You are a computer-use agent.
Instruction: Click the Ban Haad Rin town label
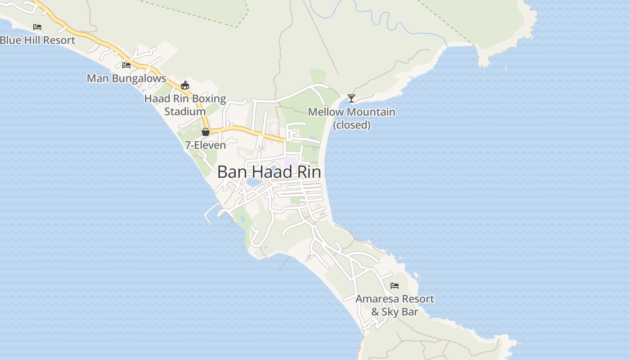(269, 172)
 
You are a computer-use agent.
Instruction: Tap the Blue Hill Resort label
(37, 40)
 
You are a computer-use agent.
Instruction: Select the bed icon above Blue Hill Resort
(37, 27)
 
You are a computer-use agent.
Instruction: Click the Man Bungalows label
(126, 78)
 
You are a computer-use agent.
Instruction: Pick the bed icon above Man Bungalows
(126, 65)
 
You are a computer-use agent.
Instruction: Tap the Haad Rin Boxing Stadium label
(185, 104)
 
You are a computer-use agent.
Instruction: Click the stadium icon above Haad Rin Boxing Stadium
(184, 85)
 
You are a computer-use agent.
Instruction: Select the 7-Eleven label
(205, 145)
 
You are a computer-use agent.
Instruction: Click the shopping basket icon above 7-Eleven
(206, 132)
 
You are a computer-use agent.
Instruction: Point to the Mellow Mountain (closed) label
(351, 118)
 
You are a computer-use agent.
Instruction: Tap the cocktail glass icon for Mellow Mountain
(351, 98)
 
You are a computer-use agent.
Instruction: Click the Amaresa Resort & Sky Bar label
(395, 305)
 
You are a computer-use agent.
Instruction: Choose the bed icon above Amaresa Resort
(395, 286)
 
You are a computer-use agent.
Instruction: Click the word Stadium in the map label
(185, 111)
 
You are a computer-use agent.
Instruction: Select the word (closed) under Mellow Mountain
(351, 125)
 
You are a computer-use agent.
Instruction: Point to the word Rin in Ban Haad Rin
(309, 172)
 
